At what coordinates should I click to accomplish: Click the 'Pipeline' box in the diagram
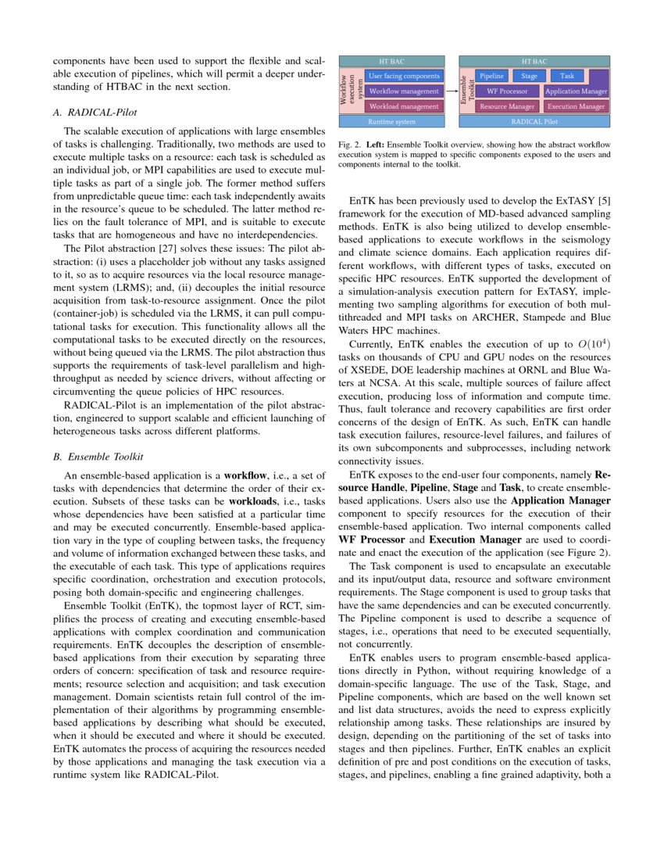(491, 77)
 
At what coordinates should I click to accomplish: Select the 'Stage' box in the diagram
(529, 77)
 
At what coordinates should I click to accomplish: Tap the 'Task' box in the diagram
(567, 77)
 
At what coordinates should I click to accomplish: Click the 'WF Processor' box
(507, 91)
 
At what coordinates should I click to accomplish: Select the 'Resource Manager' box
(507, 106)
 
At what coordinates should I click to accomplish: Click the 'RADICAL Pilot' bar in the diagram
(534, 122)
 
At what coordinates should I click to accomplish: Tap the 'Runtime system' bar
(391, 122)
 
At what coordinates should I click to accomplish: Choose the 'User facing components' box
(404, 77)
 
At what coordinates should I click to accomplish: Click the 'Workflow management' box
(404, 91)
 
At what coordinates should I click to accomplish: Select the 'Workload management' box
(404, 106)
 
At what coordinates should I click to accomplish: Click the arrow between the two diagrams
(452, 91)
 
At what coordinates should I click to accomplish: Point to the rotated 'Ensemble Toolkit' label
(466, 91)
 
